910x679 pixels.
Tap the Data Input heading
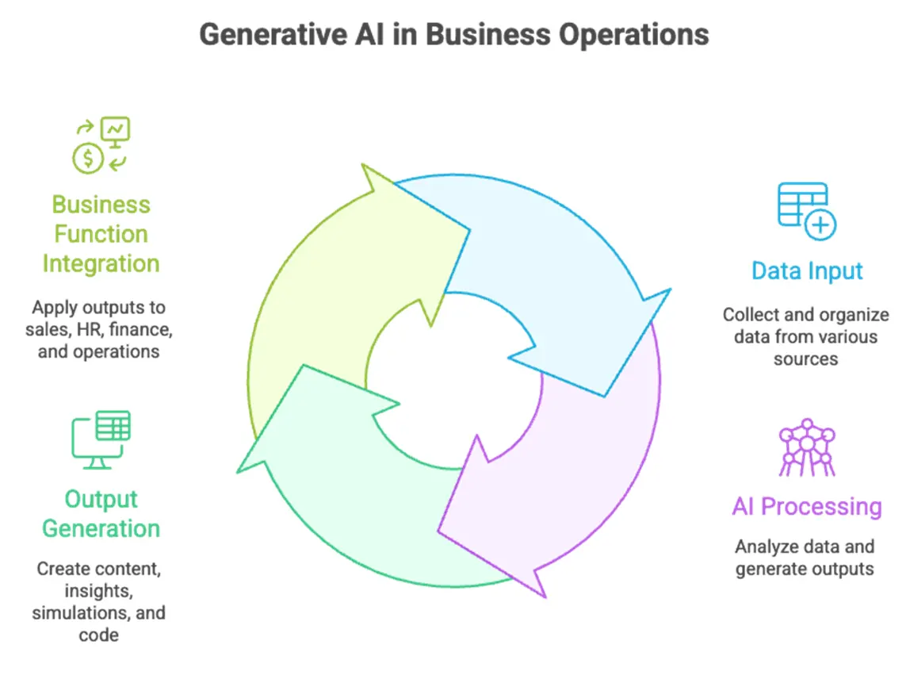[x=807, y=271]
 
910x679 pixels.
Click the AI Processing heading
[x=806, y=507]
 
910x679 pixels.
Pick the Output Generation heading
[x=101, y=514]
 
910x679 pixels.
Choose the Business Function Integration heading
[x=101, y=234]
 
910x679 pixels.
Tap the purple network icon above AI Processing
[x=806, y=447]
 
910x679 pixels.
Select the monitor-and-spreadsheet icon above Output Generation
[x=101, y=439]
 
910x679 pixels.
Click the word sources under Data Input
[x=805, y=359]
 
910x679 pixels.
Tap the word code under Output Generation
[x=98, y=635]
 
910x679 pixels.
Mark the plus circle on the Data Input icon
[x=821, y=225]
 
